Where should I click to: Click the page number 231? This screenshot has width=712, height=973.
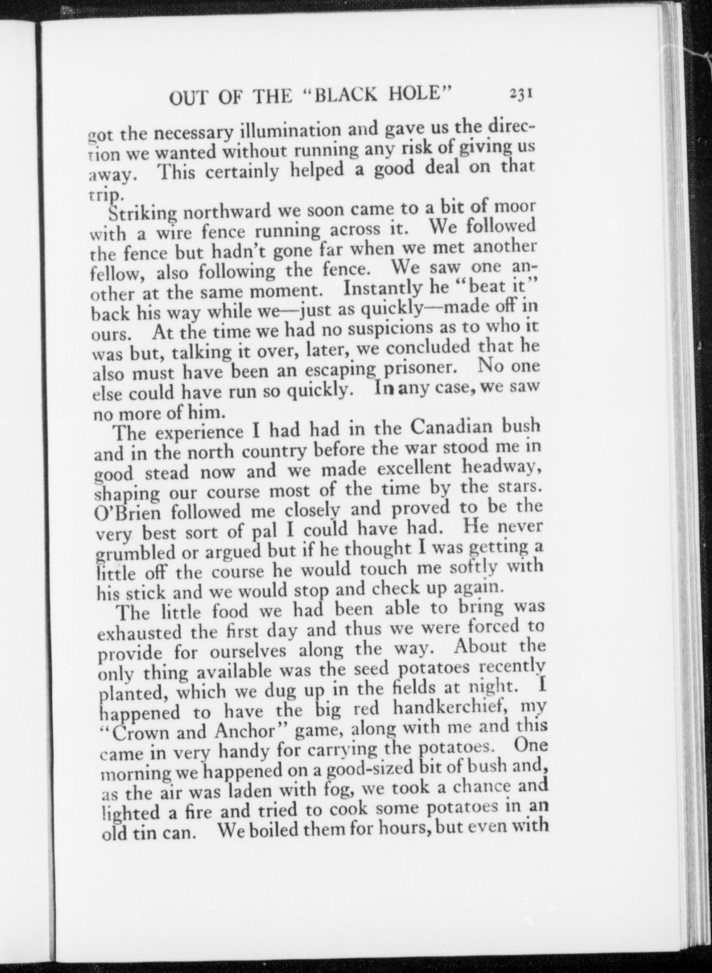coord(520,94)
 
